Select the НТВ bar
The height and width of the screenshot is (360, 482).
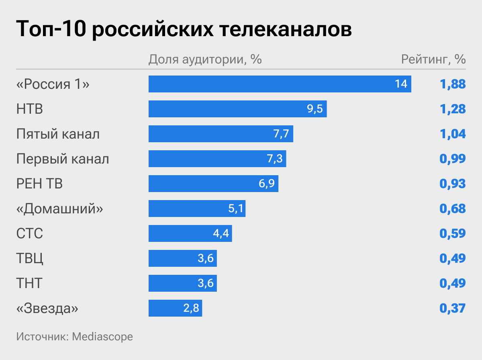click(x=237, y=109)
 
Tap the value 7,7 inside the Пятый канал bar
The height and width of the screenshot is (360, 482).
click(x=281, y=134)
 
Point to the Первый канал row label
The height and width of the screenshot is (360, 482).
click(x=63, y=159)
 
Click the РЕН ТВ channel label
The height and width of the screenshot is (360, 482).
click(x=39, y=184)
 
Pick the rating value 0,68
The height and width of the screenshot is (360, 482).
click(x=453, y=209)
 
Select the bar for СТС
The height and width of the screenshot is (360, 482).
click(x=190, y=233)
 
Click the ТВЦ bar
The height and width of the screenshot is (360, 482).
click(x=182, y=258)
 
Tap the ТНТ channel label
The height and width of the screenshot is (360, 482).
click(x=29, y=283)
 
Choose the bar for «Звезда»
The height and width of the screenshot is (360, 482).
click(x=175, y=308)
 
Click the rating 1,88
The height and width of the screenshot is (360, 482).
click(x=453, y=84)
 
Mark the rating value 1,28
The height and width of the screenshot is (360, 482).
click(x=453, y=109)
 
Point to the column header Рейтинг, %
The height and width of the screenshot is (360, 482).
click(x=433, y=59)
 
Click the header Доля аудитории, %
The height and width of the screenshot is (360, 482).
click(x=205, y=59)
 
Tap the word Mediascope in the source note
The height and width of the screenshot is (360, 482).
click(x=102, y=336)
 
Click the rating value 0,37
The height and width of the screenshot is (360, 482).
click(x=453, y=308)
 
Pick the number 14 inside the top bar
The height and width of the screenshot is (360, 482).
click(x=401, y=84)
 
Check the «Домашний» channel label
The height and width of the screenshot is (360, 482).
click(x=60, y=209)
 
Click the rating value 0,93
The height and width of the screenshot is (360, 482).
click(x=453, y=184)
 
